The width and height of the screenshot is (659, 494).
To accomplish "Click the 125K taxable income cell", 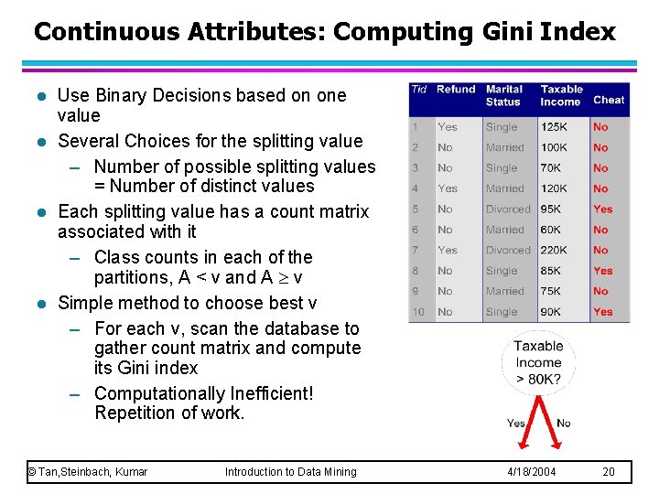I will (x=555, y=127).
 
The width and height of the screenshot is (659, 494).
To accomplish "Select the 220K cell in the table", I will (x=555, y=250).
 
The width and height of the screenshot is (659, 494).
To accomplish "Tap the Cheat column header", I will (x=609, y=100).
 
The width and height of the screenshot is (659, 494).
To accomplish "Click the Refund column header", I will (x=456, y=90).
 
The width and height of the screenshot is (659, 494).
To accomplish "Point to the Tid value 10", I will (x=418, y=312).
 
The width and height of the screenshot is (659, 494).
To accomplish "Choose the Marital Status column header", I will (x=504, y=95).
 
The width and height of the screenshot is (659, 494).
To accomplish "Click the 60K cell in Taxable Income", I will (x=551, y=230).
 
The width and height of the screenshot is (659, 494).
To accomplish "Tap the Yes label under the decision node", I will (x=516, y=423).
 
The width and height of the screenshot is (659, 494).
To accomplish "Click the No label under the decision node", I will (x=564, y=423).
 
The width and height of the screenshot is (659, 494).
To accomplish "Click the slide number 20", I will (x=610, y=472).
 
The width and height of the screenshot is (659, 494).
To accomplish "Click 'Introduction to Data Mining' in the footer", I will (x=291, y=472).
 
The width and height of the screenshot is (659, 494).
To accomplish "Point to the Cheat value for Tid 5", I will (x=602, y=209).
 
